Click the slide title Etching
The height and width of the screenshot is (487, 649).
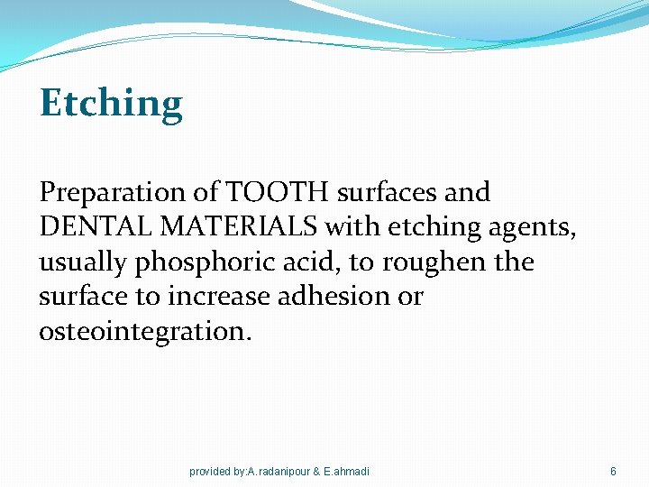(111, 104)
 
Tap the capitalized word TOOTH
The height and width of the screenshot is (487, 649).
(267, 192)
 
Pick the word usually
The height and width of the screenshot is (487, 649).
(85, 262)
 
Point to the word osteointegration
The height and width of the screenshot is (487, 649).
(145, 332)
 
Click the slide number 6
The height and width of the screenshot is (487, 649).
(613, 471)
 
